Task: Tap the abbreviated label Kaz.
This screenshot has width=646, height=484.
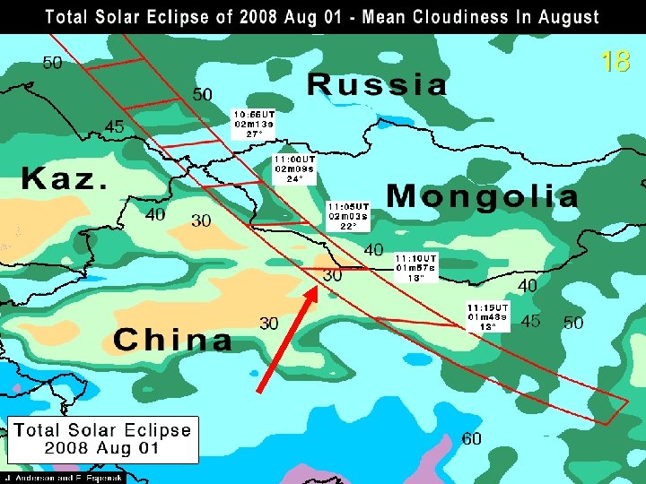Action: point(65,178)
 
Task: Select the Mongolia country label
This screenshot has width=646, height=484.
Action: point(483,195)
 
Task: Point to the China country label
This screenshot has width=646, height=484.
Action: point(172,340)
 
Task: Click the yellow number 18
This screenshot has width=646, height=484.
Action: point(615,61)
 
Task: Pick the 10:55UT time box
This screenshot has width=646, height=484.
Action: point(254,125)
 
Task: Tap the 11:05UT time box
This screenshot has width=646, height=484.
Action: point(349,215)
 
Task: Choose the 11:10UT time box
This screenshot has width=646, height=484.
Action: point(415,267)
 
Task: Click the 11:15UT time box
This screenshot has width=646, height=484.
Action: point(487,316)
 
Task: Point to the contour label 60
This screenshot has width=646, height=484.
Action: point(472,438)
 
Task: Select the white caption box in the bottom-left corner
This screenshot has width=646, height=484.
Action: point(102,438)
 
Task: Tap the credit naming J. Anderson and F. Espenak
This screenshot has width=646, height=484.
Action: point(62,478)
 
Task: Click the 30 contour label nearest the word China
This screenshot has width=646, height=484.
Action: point(269,323)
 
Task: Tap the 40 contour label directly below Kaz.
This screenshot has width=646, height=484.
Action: point(155,215)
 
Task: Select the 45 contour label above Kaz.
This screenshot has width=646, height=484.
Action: point(115,128)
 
